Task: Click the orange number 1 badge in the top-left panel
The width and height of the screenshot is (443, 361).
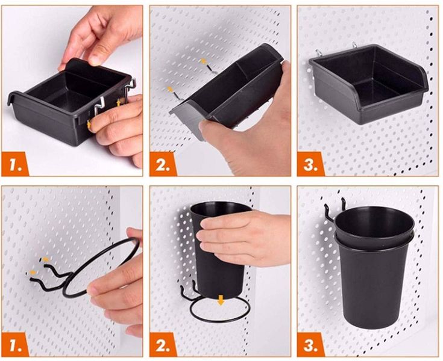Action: (x=15, y=164)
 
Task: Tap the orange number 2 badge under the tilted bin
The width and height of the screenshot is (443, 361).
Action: (x=163, y=164)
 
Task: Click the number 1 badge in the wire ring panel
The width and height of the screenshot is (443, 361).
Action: (x=15, y=344)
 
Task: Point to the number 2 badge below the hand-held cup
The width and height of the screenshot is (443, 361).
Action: (x=163, y=344)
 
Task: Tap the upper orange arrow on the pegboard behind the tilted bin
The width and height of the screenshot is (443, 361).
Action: (x=203, y=61)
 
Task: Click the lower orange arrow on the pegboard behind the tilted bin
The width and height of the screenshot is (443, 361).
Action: (x=170, y=90)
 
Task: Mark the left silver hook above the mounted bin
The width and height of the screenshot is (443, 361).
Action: (x=318, y=53)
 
